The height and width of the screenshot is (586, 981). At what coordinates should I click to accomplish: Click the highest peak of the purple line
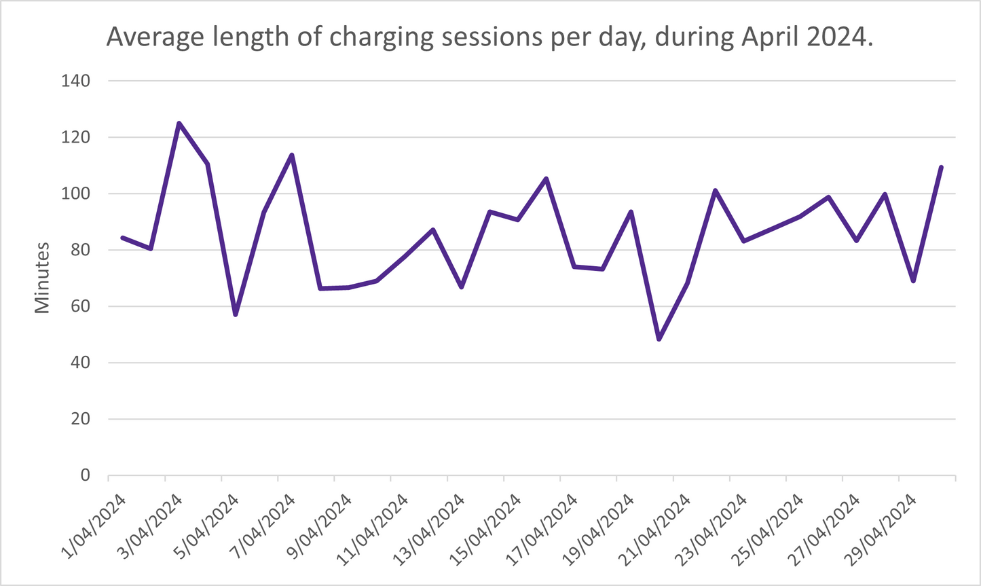pyautogui.click(x=179, y=124)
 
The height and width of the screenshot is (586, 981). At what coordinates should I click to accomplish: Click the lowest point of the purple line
pyautogui.click(x=659, y=339)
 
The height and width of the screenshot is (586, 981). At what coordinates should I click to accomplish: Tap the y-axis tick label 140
pyautogui.click(x=76, y=81)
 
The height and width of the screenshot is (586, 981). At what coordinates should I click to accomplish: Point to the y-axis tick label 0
pyautogui.click(x=85, y=475)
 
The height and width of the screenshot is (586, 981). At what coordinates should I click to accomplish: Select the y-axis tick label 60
pyautogui.click(x=80, y=306)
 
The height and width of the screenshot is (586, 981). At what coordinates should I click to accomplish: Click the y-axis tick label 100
pyautogui.click(x=76, y=194)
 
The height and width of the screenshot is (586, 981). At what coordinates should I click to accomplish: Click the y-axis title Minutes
pyautogui.click(x=43, y=278)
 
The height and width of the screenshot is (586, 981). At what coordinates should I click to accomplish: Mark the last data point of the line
pyautogui.click(x=941, y=167)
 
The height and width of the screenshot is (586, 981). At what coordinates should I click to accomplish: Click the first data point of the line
pyautogui.click(x=123, y=238)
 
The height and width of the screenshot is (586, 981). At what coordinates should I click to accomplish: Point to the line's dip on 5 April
pyautogui.click(x=236, y=314)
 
